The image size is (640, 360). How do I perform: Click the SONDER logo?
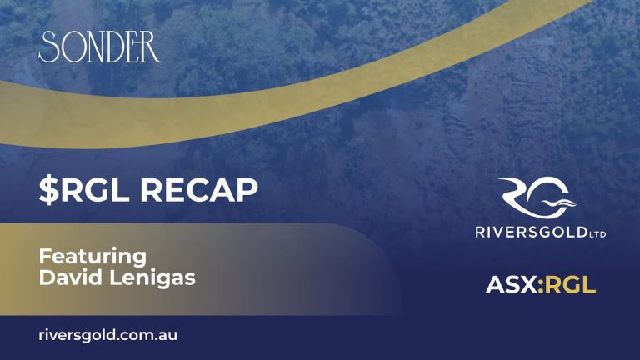click(99, 47)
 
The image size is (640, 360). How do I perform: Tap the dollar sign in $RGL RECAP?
click(49, 190)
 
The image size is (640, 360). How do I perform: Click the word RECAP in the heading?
click(199, 190)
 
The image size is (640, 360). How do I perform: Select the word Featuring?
click(92, 257)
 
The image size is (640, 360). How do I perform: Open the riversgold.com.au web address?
click(108, 336)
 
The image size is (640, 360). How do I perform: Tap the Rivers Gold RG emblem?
click(537, 197)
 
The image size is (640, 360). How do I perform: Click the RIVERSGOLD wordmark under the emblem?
click(531, 232)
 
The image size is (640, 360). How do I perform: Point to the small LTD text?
click(597, 234)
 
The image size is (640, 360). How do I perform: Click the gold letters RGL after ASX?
click(570, 284)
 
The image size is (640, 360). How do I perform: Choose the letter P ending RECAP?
click(247, 190)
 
